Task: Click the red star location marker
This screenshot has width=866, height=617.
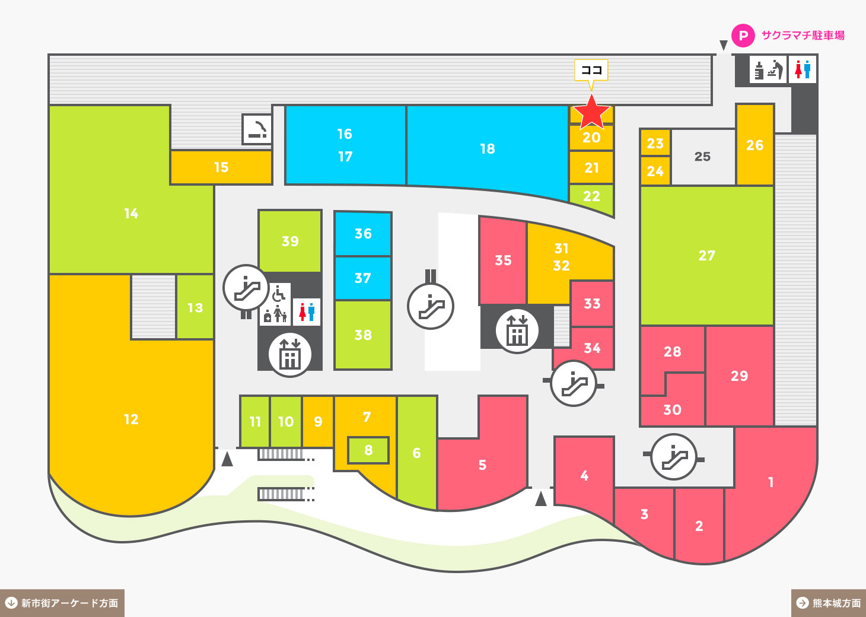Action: (591, 112)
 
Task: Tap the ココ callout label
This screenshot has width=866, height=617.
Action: (591, 71)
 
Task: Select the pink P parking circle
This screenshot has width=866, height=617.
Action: (743, 36)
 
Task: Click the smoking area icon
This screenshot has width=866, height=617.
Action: (257, 129)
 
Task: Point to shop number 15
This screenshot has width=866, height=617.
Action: (221, 167)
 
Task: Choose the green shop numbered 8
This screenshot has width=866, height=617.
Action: (368, 450)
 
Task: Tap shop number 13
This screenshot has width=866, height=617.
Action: (195, 307)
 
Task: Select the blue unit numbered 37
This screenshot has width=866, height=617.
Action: (362, 278)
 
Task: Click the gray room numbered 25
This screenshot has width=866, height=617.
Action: (703, 157)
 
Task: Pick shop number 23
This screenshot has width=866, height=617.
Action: (655, 142)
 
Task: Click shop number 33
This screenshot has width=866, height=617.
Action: (592, 304)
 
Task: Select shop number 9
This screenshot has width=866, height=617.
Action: (318, 421)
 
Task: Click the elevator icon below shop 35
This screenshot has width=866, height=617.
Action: (517, 331)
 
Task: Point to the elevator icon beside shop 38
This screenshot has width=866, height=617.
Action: (290, 355)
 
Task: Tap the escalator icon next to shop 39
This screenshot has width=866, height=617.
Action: (246, 287)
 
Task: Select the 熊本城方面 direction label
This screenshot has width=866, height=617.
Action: (829, 603)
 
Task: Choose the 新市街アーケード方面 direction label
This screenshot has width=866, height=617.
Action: (62, 603)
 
